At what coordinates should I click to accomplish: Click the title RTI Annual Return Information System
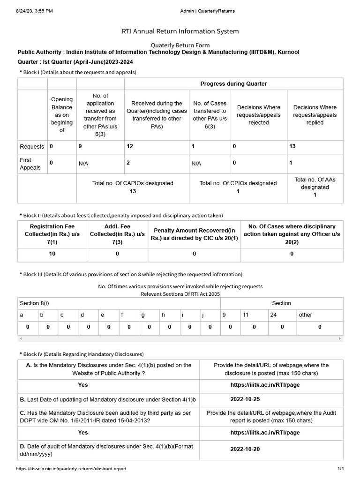coord(180,31)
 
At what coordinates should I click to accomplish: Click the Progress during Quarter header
coord(233,84)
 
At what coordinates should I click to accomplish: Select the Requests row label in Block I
coord(32,147)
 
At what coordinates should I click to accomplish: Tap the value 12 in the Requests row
coord(130,147)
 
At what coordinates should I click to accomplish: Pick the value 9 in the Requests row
coord(80,147)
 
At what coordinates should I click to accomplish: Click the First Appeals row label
coord(30,164)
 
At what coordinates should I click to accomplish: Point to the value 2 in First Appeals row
coord(128,163)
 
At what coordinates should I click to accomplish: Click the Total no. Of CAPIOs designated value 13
coord(133,191)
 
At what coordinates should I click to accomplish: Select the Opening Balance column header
coord(62,115)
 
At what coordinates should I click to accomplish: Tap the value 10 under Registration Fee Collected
coord(52,254)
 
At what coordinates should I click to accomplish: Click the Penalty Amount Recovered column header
coord(194,234)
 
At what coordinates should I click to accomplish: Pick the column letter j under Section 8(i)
coord(203,315)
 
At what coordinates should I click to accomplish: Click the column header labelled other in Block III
coord(305,315)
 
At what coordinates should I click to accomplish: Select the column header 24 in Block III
coord(273,315)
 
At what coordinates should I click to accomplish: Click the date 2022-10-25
coord(245,400)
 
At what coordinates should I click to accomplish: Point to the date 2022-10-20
coord(245,449)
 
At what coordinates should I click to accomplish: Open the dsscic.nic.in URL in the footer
coord(71,469)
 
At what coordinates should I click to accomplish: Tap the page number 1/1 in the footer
coord(341,469)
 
